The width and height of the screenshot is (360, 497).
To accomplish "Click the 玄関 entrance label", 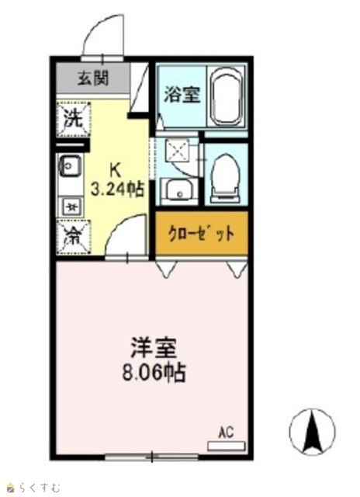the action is point(93,78).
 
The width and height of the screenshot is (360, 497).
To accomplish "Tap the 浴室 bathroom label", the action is point(182,94).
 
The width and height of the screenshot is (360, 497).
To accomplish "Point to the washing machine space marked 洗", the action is point(74,119).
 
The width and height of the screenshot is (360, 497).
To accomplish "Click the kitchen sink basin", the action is point(70,165).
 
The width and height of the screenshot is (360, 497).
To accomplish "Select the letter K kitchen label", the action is point(116,171).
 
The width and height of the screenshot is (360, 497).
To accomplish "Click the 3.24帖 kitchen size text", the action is point(117,189).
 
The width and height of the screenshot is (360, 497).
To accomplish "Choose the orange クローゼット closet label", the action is point(202,234).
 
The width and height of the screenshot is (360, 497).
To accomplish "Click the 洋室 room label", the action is point(154,348).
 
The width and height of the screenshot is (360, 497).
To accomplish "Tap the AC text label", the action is point(226,433).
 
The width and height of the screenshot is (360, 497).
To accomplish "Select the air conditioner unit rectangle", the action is point(226,447).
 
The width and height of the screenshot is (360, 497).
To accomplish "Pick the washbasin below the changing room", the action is point(180,189).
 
